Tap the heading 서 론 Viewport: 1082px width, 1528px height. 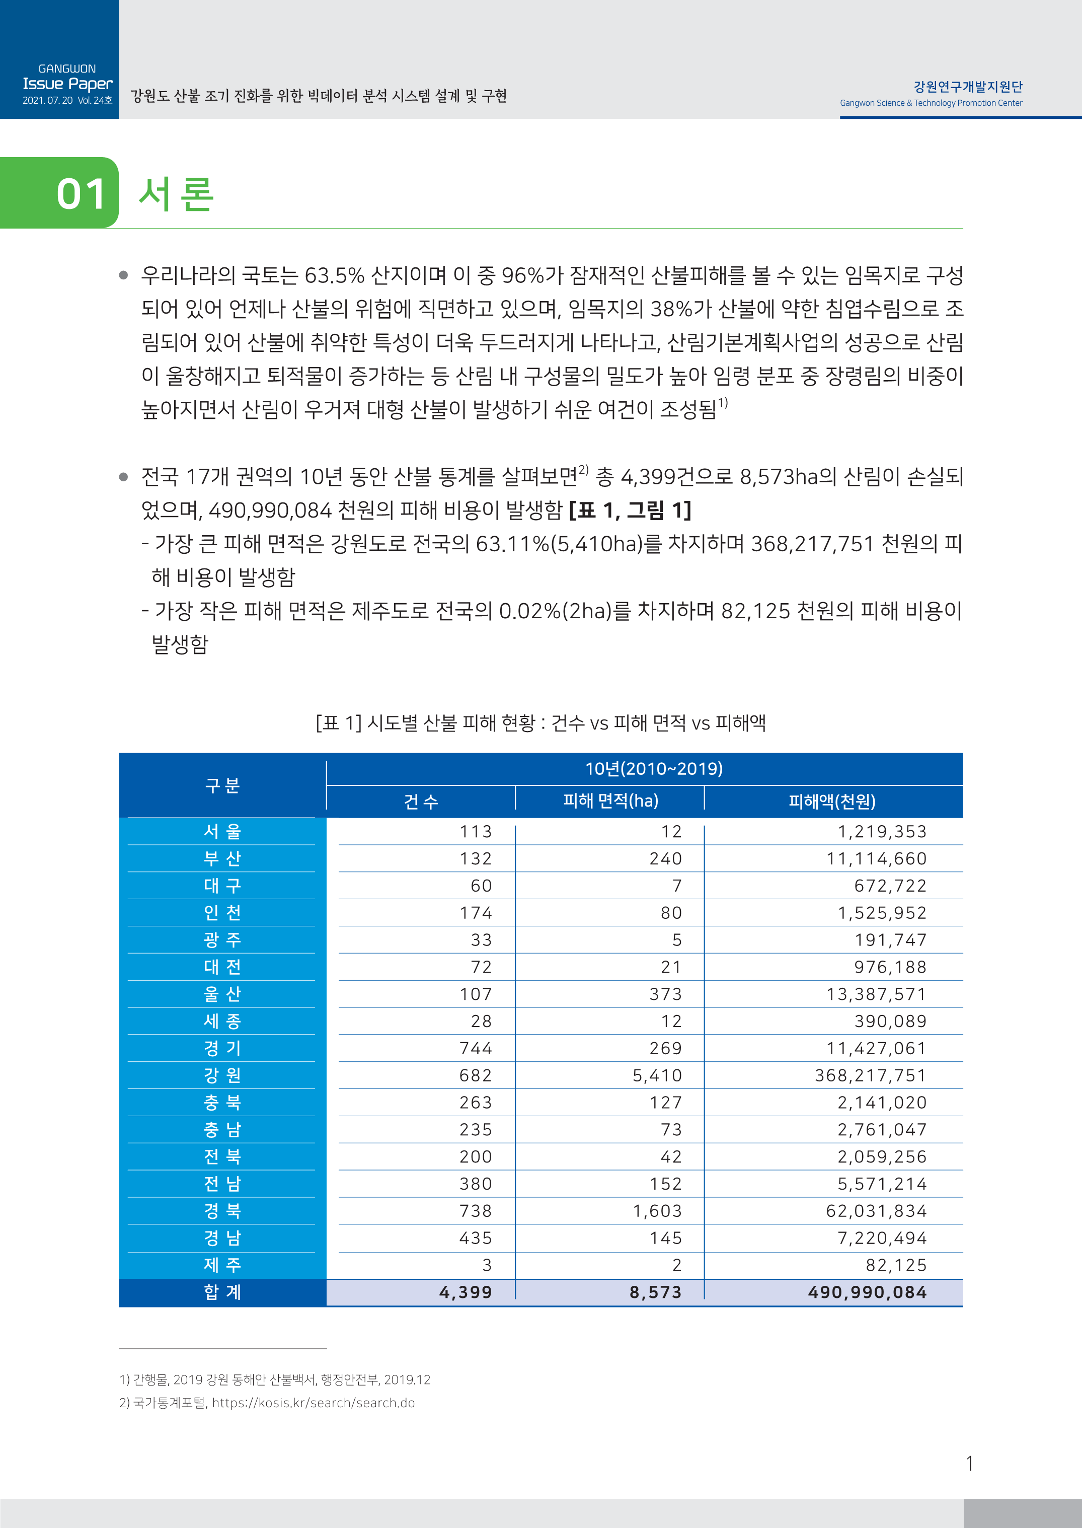pyautogui.click(x=176, y=194)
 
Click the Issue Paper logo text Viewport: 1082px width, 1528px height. pyautogui.click(x=67, y=84)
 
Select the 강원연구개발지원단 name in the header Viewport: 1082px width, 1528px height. pyautogui.click(x=967, y=87)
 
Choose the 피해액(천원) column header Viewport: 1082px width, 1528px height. pyautogui.click(x=832, y=801)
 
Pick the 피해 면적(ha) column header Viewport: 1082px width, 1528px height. pyautogui.click(x=610, y=801)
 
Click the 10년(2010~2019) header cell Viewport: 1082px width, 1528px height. pyautogui.click(x=654, y=769)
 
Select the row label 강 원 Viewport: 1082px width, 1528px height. pyautogui.click(x=222, y=1075)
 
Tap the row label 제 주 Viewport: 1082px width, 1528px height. pyautogui.click(x=222, y=1265)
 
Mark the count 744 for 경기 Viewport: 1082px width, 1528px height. pyautogui.click(x=476, y=1048)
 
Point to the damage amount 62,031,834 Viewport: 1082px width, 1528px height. pyautogui.click(x=876, y=1211)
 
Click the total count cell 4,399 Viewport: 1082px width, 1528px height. pyautogui.click(x=465, y=1292)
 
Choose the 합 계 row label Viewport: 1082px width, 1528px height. pyautogui.click(x=222, y=1292)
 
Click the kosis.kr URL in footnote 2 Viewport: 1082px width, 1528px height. pyautogui.click(x=313, y=1403)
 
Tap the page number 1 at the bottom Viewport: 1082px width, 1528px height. pyautogui.click(x=969, y=1464)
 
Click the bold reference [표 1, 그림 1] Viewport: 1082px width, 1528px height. pyautogui.click(x=630, y=511)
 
